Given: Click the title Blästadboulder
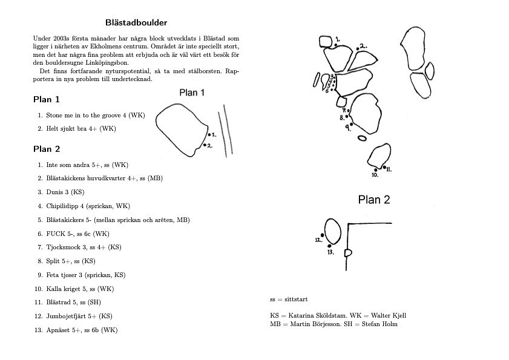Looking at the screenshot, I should pos(137,23).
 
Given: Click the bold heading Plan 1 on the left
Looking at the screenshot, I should pos(46,99).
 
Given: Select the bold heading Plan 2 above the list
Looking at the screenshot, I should pos(46,149).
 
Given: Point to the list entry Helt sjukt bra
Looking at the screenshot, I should pos(67,128).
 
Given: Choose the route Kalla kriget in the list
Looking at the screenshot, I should pos(64,289).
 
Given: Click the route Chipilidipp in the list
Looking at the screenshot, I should pos(64,206).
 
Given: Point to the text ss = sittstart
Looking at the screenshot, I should pos(289,299).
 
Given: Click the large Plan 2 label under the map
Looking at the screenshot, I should pos(373,200).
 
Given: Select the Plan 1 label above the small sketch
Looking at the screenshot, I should pos(192,93).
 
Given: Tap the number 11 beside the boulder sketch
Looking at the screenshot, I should pos(388,169).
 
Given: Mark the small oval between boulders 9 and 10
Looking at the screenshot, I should pos(362,138).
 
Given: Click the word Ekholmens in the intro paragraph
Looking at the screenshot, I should pos(157,46).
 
